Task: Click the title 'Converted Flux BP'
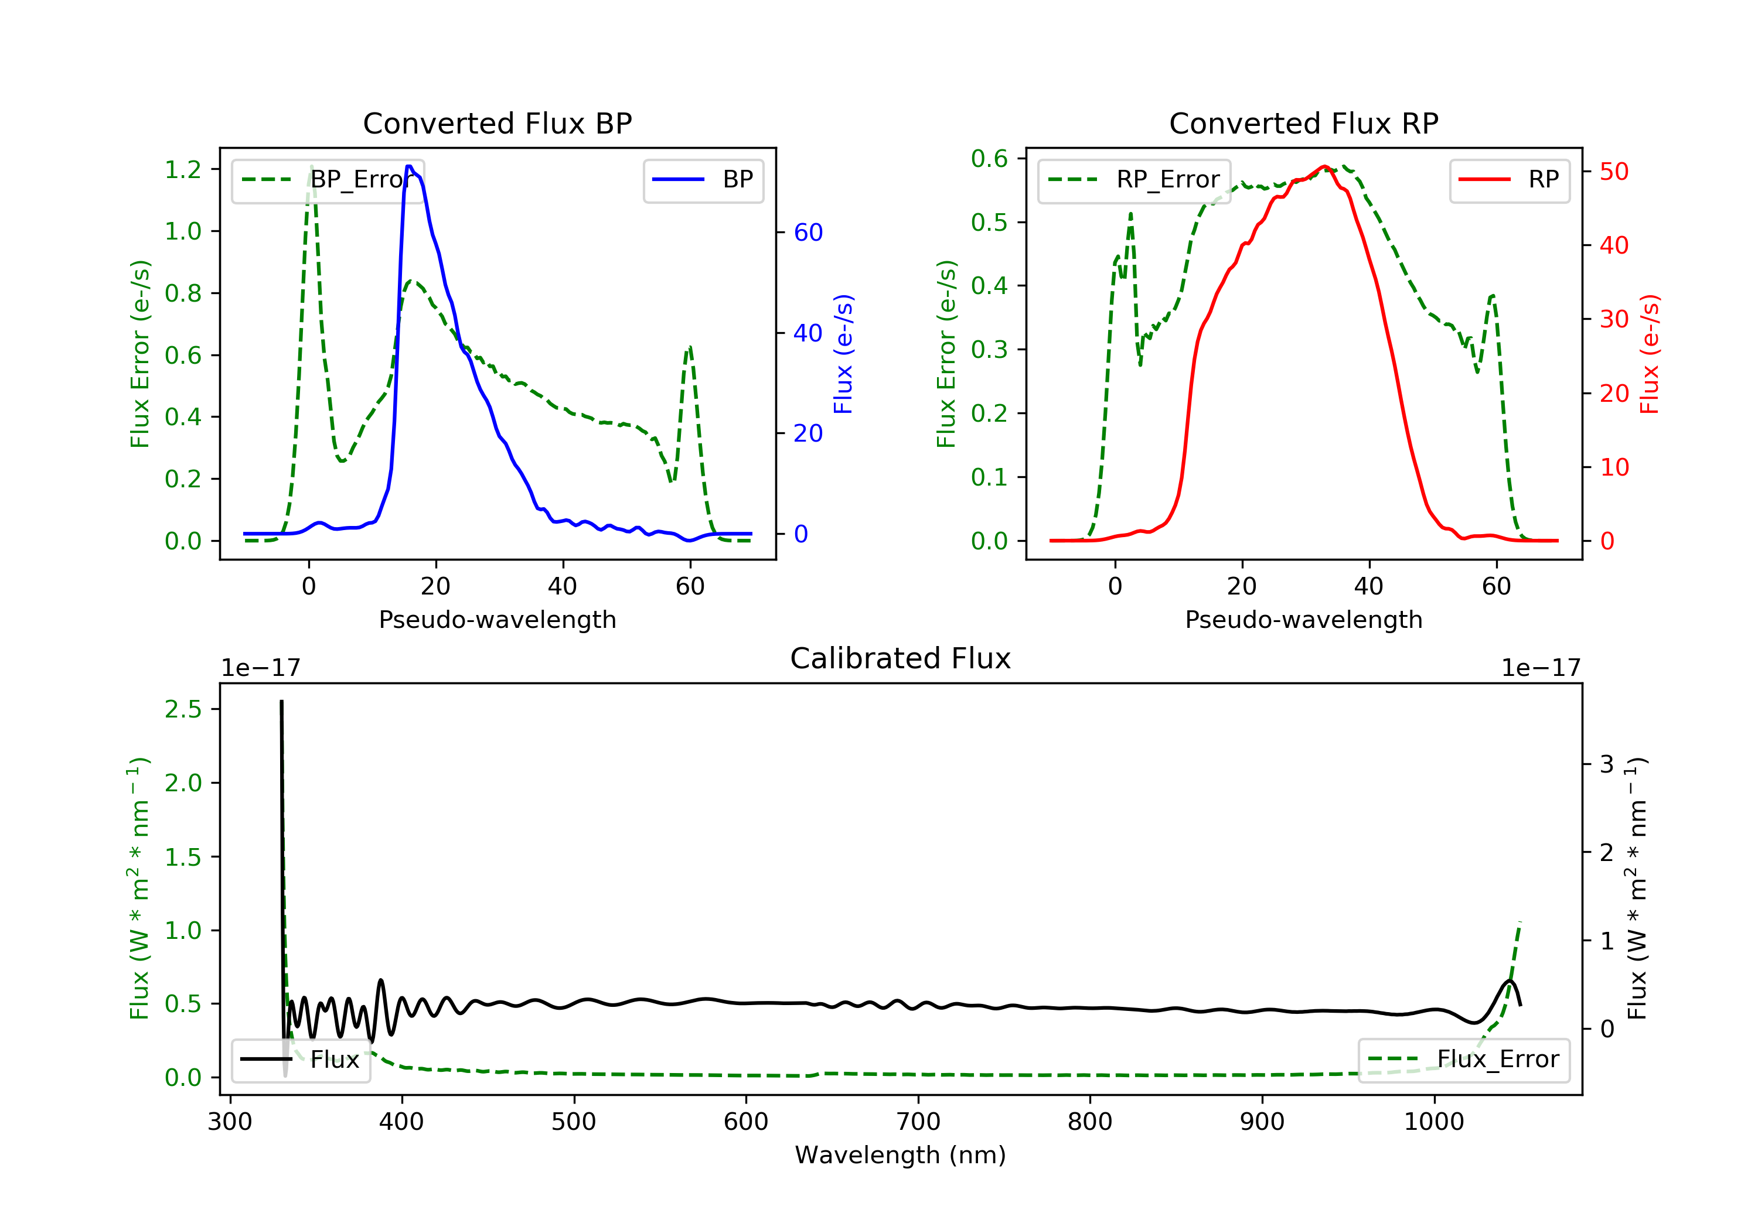497,123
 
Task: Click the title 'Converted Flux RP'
1303,123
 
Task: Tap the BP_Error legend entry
328,180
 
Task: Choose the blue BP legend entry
703,180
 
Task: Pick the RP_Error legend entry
1134,180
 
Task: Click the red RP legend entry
1509,180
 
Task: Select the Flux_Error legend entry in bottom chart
1463,1060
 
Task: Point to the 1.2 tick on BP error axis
183,169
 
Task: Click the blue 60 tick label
808,233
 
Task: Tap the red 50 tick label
1613,172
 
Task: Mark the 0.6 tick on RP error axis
989,159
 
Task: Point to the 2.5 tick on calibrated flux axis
183,709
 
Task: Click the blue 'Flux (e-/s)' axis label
843,354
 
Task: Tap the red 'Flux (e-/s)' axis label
1648,354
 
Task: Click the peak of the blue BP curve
409,166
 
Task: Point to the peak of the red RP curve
1324,166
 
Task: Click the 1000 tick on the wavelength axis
1433,1122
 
